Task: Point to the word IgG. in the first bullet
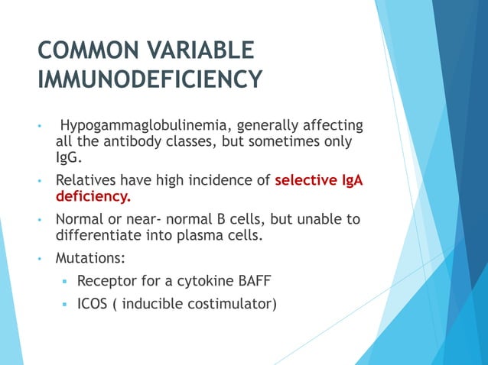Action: (68, 159)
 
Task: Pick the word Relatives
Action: (89, 182)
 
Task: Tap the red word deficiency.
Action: (93, 199)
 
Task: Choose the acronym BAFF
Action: (263, 282)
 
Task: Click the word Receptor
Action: (106, 282)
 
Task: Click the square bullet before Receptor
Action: (65, 283)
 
